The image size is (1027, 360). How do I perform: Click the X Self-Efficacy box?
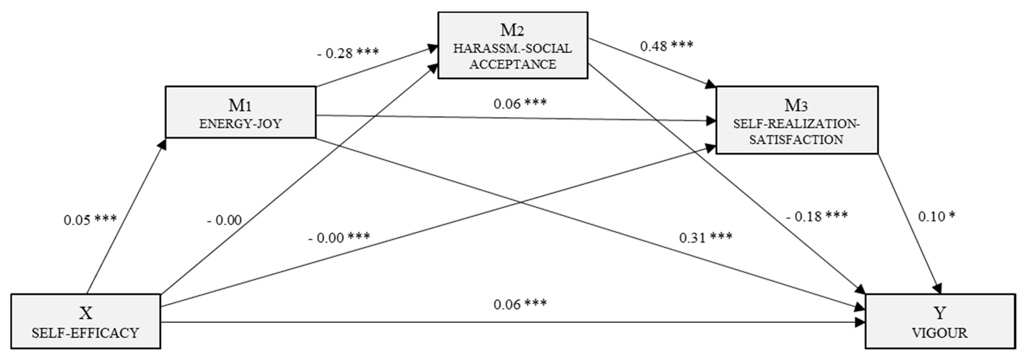pyautogui.click(x=85, y=321)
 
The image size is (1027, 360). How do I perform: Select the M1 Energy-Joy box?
pyautogui.click(x=240, y=112)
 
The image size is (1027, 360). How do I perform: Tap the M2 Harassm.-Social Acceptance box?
pyautogui.click(x=512, y=45)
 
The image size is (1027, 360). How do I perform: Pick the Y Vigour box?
pyautogui.click(x=940, y=321)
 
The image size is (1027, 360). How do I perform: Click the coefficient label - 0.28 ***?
pyautogui.click(x=348, y=53)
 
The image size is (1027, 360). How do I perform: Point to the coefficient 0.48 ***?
pyautogui.click(x=667, y=46)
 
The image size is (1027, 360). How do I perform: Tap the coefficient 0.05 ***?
pyautogui.click(x=90, y=220)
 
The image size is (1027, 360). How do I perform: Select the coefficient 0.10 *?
pyautogui.click(x=936, y=217)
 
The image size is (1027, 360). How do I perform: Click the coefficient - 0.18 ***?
pyautogui.click(x=817, y=217)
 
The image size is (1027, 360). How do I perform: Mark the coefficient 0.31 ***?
pyautogui.click(x=706, y=238)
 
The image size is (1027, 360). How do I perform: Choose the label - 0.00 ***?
pyautogui.click(x=339, y=238)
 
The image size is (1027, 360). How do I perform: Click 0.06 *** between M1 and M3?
pyautogui.click(x=520, y=104)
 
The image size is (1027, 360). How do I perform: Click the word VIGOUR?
pyautogui.click(x=940, y=333)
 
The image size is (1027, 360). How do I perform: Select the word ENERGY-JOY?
pyautogui.click(x=240, y=124)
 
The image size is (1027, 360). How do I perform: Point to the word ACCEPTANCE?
pyautogui.click(x=512, y=64)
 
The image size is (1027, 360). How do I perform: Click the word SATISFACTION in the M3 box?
pyautogui.click(x=796, y=140)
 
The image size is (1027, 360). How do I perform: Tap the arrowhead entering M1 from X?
pyautogui.click(x=163, y=143)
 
